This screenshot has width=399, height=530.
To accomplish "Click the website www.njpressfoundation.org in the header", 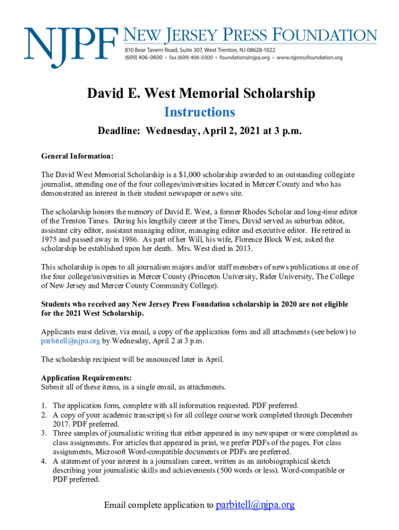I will pyautogui.click(x=309, y=57).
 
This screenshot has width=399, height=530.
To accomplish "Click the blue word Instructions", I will pyautogui.click(x=199, y=112).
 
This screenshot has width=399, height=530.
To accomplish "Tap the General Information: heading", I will pyautogui.click(x=77, y=156).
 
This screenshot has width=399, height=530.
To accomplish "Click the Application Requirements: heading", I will pyautogui.click(x=86, y=378).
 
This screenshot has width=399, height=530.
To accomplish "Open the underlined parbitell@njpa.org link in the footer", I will pyautogui.click(x=254, y=505).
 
